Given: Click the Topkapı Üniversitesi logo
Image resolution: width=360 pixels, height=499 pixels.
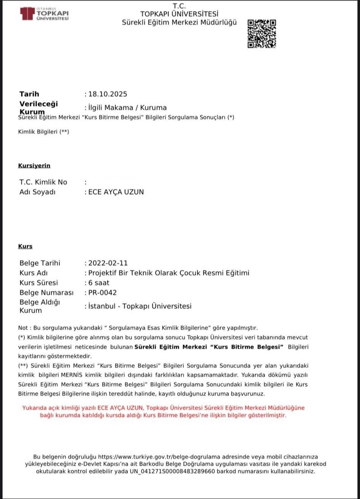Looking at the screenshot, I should coord(45,14).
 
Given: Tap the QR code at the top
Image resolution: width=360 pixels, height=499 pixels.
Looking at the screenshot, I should coord(261,33).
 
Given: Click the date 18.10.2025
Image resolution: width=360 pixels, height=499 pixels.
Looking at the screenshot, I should coord(108,94).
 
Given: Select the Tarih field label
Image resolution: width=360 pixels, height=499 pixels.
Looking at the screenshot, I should coord(29,94).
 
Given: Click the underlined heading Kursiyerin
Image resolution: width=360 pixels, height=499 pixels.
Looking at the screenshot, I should coord(34,166).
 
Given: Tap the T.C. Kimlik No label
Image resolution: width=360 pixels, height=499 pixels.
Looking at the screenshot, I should coord(43,182).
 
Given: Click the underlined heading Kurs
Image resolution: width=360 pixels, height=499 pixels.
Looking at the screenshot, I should coord(25,246).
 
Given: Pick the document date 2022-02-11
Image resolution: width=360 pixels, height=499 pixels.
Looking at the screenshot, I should coord(108,263).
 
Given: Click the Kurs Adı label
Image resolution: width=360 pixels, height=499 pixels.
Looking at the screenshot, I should coord(33,273).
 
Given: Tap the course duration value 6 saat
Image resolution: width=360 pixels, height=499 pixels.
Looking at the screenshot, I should coord(99,283).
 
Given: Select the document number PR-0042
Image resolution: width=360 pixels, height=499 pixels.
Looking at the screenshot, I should coord(102,293).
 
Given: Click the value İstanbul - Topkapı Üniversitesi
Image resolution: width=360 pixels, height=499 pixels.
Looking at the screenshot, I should coord(140,306).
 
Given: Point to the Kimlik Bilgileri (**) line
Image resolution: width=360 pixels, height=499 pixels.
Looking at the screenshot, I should coord(44,132).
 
